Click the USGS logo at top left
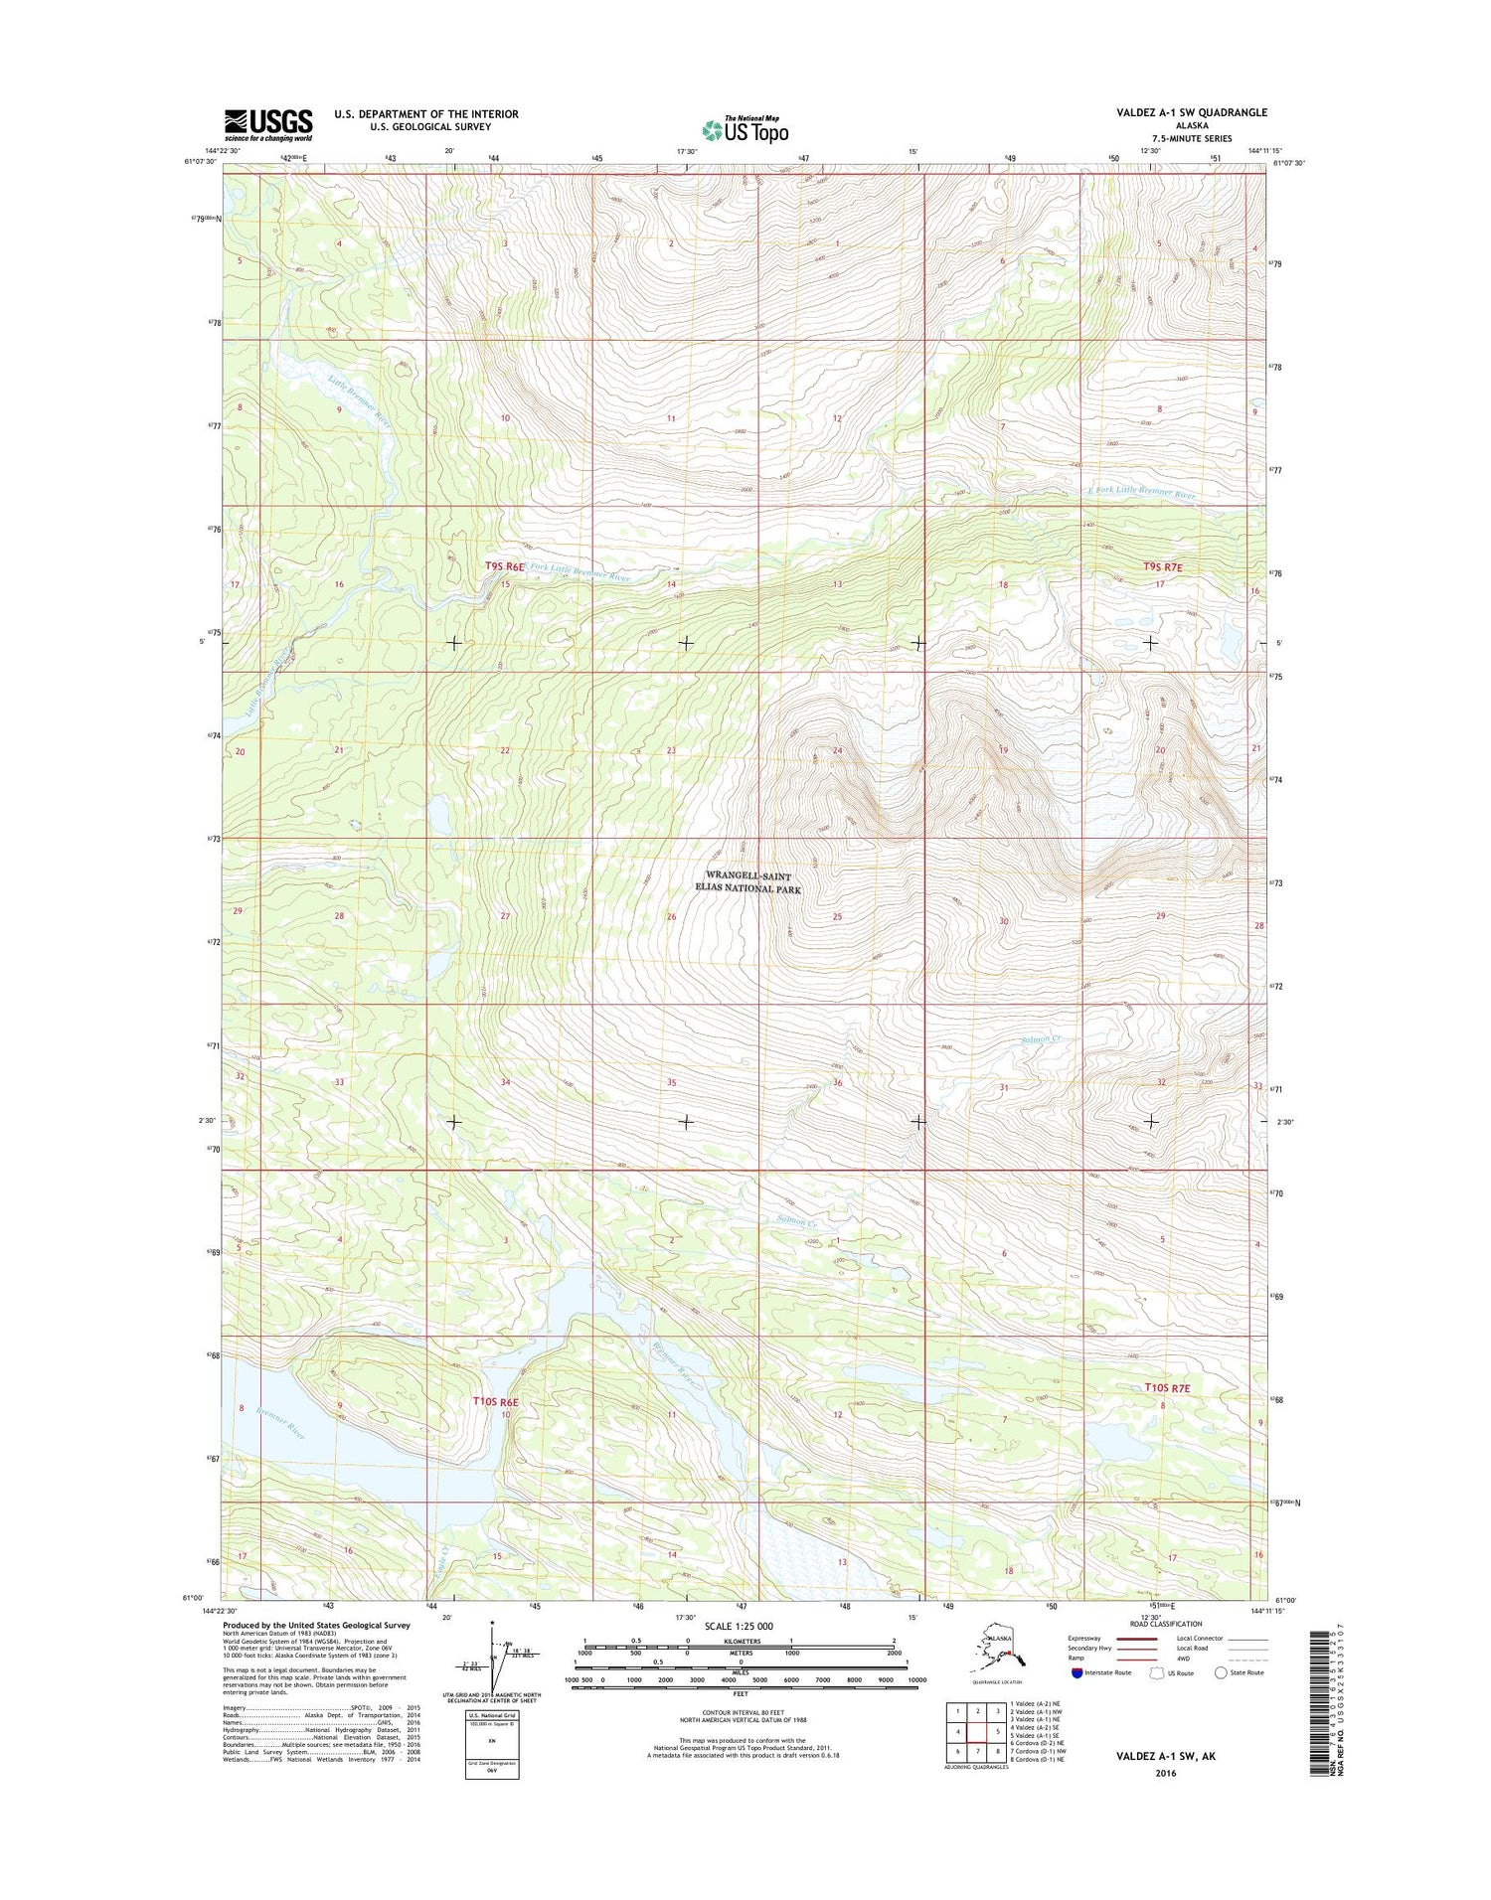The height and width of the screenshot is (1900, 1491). click(x=268, y=124)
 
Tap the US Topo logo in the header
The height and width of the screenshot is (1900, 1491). click(x=745, y=129)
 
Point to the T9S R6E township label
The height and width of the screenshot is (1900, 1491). click(x=504, y=565)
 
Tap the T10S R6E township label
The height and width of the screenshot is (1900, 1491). click(x=496, y=1401)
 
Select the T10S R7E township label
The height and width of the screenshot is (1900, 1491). click(x=1166, y=1387)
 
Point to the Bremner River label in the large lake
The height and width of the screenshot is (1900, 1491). click(x=279, y=1424)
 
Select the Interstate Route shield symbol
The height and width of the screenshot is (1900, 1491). click(x=1077, y=1672)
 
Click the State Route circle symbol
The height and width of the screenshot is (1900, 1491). click(x=1221, y=1672)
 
